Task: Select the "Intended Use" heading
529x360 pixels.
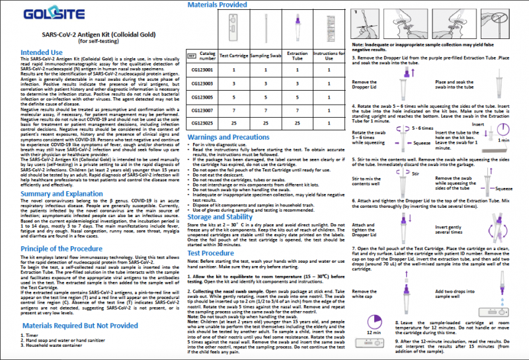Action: pyautogui.click(x=42, y=52)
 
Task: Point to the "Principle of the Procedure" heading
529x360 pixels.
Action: pyautogui.click(x=64, y=248)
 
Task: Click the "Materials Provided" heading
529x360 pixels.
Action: pyautogui.click(x=218, y=5)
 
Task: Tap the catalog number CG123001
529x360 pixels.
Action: pyautogui.click(x=204, y=69)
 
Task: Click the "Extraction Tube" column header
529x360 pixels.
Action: pyautogui.click(x=298, y=55)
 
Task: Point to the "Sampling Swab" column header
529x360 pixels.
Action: pyautogui.click(x=266, y=55)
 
